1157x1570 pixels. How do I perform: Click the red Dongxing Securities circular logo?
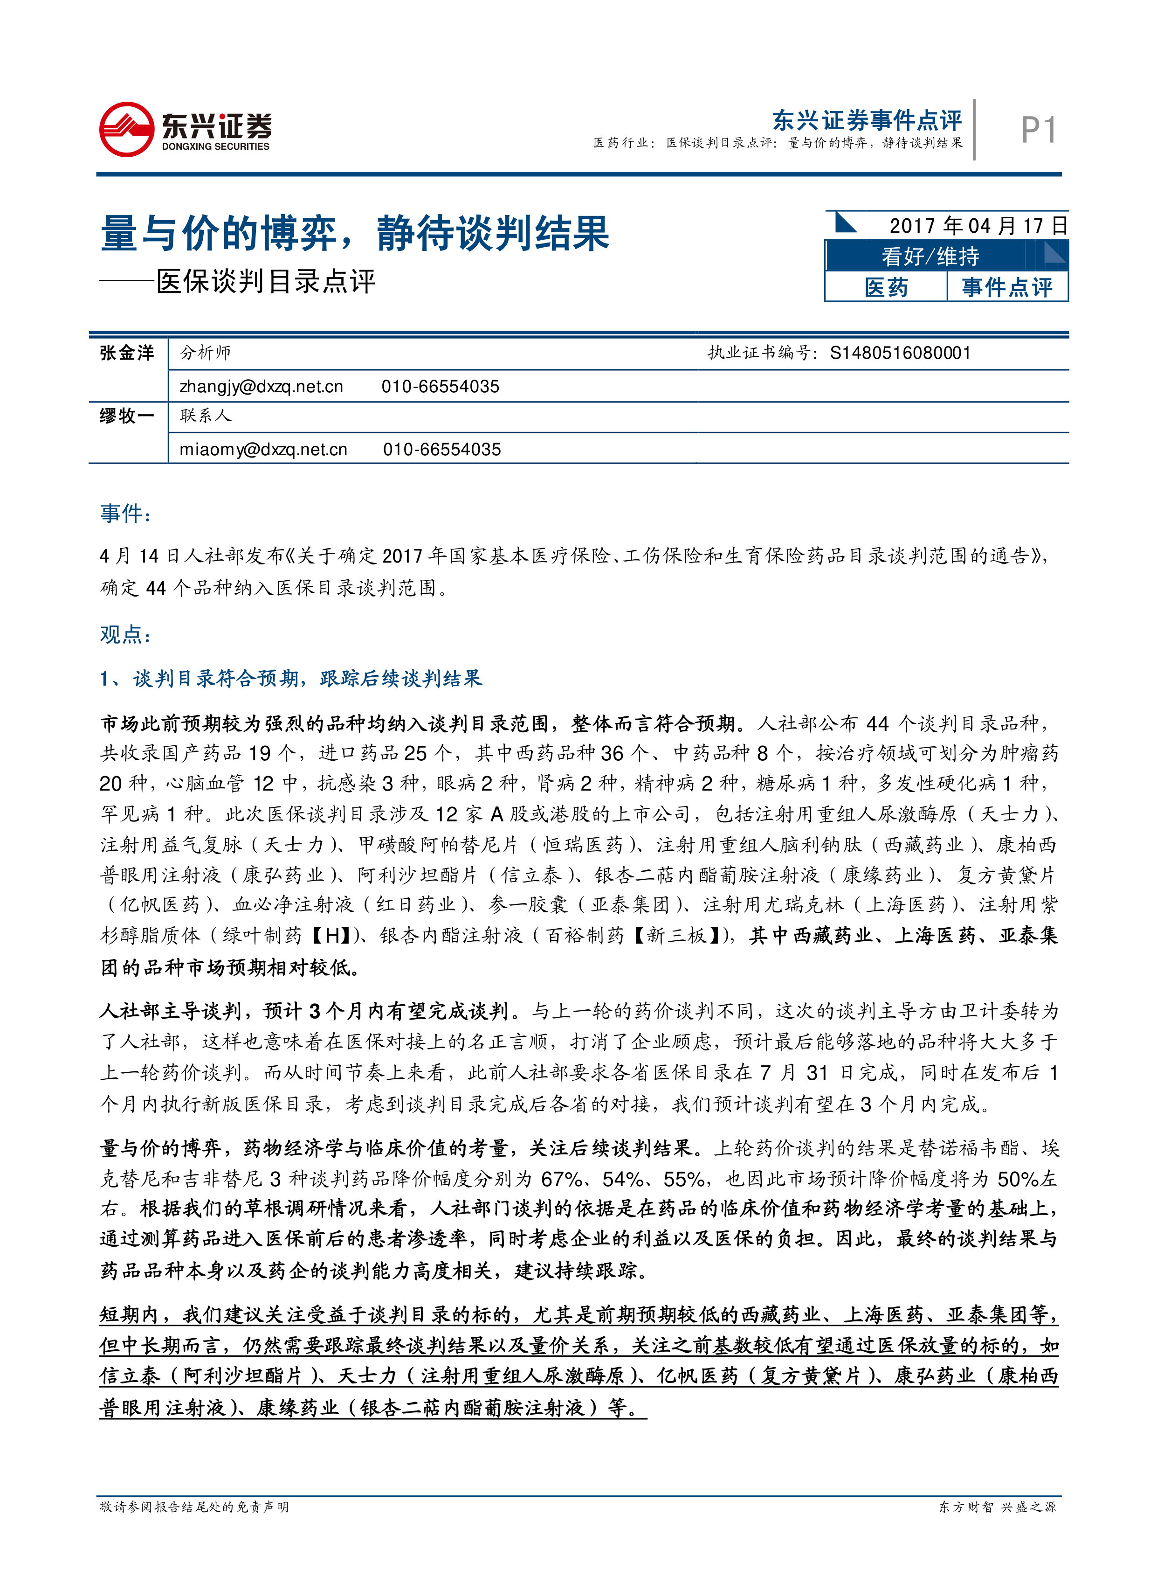click(x=127, y=130)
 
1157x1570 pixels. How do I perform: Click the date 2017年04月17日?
click(x=978, y=226)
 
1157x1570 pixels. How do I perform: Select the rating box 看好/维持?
click(x=930, y=257)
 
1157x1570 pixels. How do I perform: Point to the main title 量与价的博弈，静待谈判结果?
click(x=355, y=233)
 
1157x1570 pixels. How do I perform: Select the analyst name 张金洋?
click(x=127, y=353)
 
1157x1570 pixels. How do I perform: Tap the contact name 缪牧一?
click(x=127, y=416)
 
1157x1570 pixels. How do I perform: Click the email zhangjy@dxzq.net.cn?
click(x=261, y=387)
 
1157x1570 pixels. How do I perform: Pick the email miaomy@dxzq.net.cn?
click(x=263, y=450)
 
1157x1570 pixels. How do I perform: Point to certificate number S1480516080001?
click(x=900, y=353)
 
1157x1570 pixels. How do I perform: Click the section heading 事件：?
click(x=125, y=514)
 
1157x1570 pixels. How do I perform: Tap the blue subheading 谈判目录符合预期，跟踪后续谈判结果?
click(x=307, y=679)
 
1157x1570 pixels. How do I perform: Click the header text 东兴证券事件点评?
click(x=866, y=120)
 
